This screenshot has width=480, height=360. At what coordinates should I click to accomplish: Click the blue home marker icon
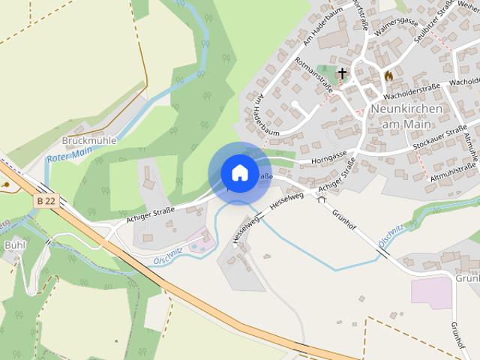[239, 172]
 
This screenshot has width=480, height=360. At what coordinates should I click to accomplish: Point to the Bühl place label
[15, 244]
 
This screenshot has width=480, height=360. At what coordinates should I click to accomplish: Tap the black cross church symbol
[342, 73]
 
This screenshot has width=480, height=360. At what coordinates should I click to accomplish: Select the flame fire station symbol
[388, 76]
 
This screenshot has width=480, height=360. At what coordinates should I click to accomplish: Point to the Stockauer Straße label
[439, 139]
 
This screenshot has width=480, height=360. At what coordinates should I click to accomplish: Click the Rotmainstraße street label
[314, 75]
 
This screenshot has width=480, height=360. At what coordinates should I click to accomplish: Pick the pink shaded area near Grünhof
[431, 292]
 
